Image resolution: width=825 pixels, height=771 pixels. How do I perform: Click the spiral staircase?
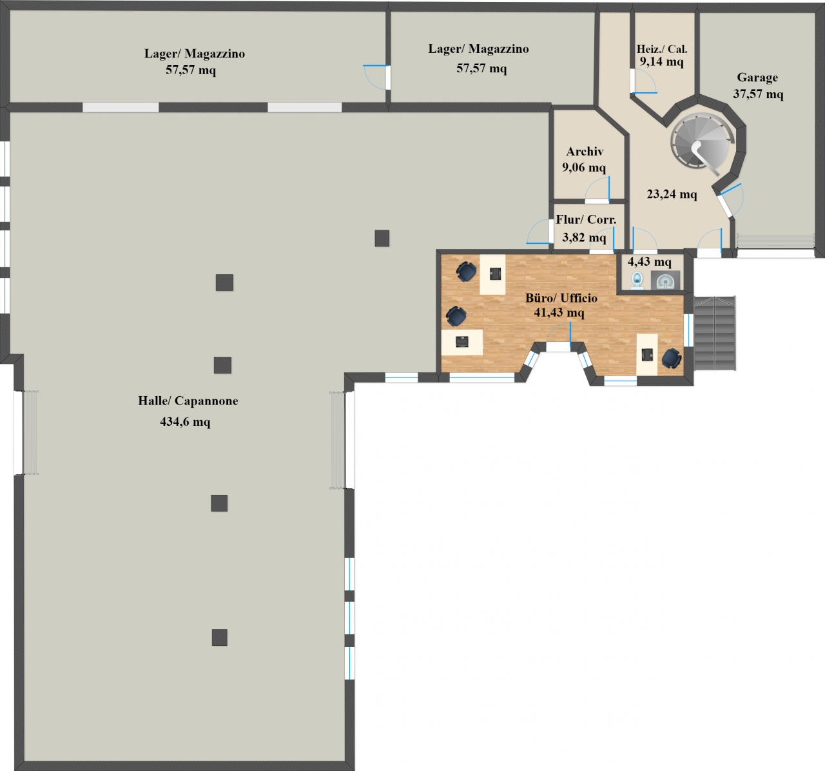pyautogui.click(x=701, y=143)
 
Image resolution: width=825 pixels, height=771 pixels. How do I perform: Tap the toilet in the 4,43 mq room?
pyautogui.click(x=637, y=280)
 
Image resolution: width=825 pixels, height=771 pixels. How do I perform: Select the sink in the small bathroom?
pyautogui.click(x=666, y=280)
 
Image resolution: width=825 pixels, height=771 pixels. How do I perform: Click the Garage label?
pyautogui.click(x=757, y=77)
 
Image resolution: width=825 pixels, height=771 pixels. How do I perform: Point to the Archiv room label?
pyautogui.click(x=585, y=152)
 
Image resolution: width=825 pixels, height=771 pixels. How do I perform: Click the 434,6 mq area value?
pyautogui.click(x=185, y=422)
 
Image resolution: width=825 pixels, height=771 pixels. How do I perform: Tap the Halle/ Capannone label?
pyautogui.click(x=188, y=401)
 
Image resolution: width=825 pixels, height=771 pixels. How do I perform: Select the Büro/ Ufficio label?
pyautogui.click(x=561, y=297)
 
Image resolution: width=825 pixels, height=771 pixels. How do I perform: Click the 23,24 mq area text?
pyautogui.click(x=672, y=194)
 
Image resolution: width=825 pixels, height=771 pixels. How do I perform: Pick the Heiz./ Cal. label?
pyautogui.click(x=662, y=49)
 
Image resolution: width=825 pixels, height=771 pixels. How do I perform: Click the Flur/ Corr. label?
pyautogui.click(x=586, y=219)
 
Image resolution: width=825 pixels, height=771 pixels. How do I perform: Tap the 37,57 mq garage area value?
pyautogui.click(x=758, y=94)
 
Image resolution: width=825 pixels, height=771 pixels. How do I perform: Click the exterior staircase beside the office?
pyautogui.click(x=715, y=333)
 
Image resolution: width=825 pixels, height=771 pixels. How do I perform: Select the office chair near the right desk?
pyautogui.click(x=672, y=359)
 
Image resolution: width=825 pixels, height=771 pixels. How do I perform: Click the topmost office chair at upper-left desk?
pyautogui.click(x=466, y=272)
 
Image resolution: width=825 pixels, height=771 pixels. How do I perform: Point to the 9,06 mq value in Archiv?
pyautogui.click(x=584, y=168)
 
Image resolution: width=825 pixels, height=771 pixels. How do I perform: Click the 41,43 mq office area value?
pyautogui.click(x=559, y=312)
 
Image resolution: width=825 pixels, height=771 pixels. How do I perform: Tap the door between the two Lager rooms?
pyautogui.click(x=376, y=77)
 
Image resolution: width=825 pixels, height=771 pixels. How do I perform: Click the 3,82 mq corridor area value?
pyautogui.click(x=584, y=237)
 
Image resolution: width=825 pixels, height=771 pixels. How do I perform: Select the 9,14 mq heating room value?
pyautogui.click(x=662, y=61)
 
